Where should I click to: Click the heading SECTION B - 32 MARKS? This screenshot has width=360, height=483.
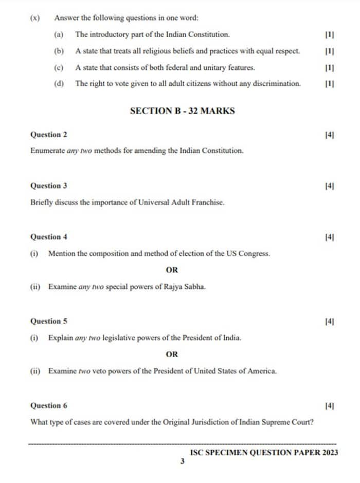point(183,110)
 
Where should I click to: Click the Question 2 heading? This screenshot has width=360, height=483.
point(49,135)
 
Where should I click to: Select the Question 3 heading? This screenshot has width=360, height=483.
point(49,185)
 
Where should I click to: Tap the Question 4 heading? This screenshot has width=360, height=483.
point(49,237)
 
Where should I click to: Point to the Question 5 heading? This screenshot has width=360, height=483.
point(49,321)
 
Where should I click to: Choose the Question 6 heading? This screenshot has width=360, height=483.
point(49,405)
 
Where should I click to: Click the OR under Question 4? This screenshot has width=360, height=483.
point(172,270)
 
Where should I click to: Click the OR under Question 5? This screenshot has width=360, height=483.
point(172,354)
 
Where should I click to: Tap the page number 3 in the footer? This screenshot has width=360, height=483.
point(182,461)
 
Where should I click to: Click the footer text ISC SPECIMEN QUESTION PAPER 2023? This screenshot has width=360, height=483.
point(264,453)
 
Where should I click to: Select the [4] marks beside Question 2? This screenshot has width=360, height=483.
point(330,135)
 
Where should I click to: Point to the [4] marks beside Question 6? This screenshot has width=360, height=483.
point(330,405)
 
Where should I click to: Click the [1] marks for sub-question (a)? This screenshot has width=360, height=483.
point(330,34)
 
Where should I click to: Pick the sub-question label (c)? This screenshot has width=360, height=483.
point(59,67)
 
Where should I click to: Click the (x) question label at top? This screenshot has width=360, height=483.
point(35,17)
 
